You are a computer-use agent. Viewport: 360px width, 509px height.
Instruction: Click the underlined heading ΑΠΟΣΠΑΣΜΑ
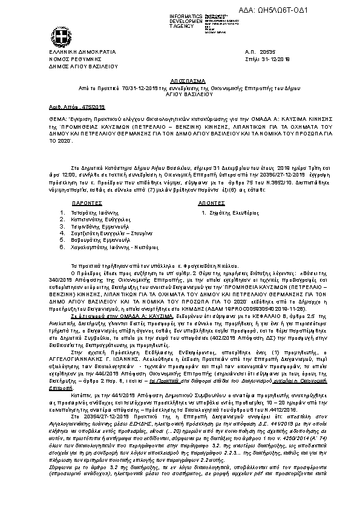tap(179, 80)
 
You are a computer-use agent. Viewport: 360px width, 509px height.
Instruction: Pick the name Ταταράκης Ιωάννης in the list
tap(99, 213)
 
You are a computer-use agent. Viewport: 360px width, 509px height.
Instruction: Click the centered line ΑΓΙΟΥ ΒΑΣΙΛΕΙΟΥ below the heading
tap(179, 94)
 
